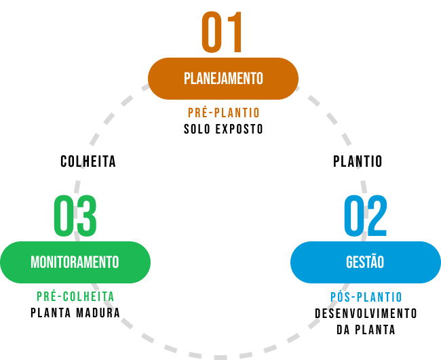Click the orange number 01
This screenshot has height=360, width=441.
point(222,33)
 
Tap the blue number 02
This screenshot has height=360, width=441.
point(365,216)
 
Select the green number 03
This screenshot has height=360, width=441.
point(75,216)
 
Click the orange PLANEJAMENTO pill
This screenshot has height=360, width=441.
point(223,79)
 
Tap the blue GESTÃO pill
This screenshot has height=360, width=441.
point(365,262)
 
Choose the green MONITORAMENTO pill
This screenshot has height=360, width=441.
point(75,262)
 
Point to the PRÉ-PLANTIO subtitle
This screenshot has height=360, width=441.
point(223,113)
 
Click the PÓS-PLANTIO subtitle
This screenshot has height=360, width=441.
point(366,298)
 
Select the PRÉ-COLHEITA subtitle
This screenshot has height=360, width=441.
point(75,297)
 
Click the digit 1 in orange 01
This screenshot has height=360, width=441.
point(234,33)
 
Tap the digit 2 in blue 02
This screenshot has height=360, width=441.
point(377,216)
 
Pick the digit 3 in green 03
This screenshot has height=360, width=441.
point(86,216)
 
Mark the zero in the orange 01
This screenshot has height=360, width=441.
point(211,33)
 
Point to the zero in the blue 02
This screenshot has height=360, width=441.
point(354,216)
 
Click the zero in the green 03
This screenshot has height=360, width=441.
point(64,216)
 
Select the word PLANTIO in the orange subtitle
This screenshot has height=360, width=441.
point(237,113)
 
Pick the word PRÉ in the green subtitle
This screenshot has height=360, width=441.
point(45,297)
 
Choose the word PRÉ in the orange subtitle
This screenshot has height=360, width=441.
point(197,113)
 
